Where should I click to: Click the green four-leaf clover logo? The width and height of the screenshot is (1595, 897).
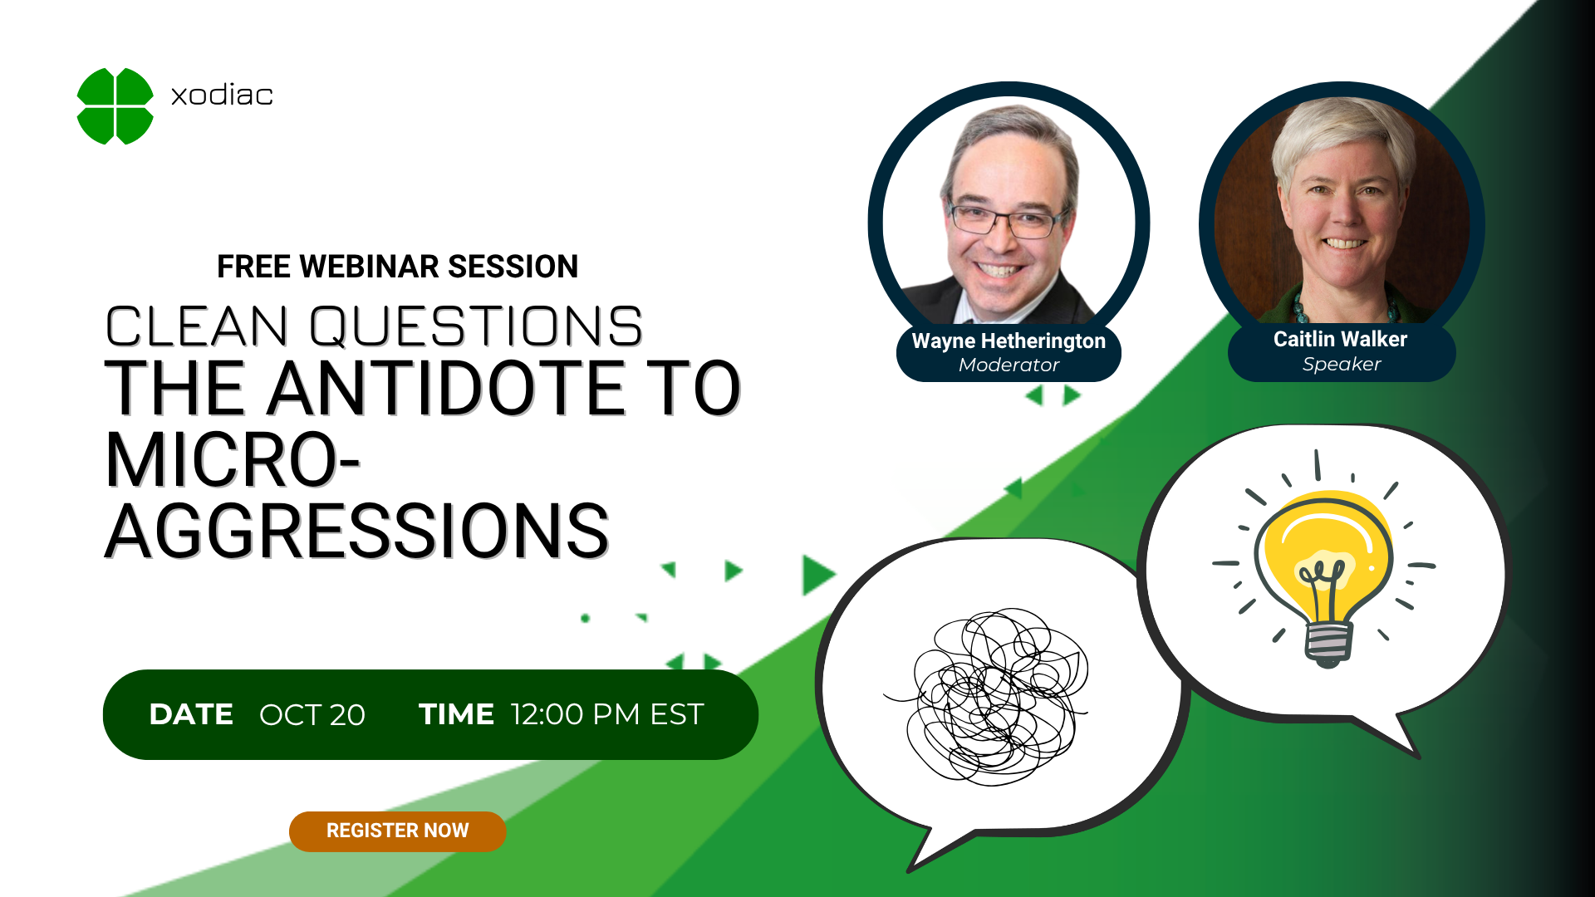(x=115, y=106)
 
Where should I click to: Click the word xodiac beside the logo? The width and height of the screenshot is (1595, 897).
(x=222, y=95)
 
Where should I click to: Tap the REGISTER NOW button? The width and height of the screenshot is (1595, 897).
(x=397, y=831)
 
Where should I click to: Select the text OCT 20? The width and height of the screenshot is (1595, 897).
(x=312, y=715)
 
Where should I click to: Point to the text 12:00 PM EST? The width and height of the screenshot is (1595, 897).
(x=607, y=714)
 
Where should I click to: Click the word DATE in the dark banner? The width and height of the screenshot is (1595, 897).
(x=191, y=714)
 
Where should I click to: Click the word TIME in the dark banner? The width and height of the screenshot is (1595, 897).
(x=456, y=714)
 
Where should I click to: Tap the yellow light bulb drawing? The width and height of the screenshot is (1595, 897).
(x=1325, y=565)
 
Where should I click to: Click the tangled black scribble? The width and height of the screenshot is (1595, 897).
(x=989, y=696)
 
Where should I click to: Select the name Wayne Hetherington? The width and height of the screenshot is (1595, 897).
(x=1009, y=341)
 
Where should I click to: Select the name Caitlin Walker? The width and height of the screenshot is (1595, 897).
(x=1340, y=339)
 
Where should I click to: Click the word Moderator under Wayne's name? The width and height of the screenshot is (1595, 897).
(x=1009, y=365)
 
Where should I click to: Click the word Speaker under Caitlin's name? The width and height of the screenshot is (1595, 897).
(x=1342, y=364)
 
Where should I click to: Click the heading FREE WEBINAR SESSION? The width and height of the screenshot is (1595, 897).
(x=397, y=267)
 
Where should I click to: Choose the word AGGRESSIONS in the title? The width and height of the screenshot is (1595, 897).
(x=357, y=531)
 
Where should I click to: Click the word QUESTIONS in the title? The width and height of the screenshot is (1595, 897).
(x=476, y=326)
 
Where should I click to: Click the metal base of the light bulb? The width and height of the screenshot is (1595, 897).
(x=1328, y=643)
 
